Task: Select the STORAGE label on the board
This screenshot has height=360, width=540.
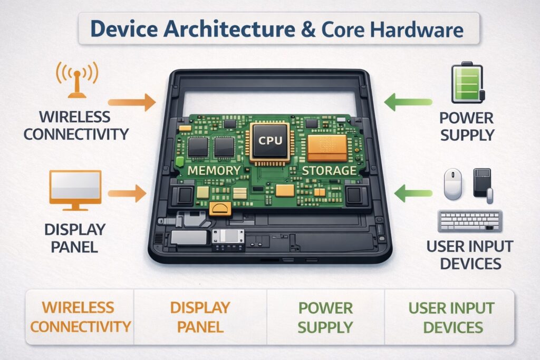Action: (x=330, y=171)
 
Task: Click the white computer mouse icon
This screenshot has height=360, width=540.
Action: (x=453, y=184)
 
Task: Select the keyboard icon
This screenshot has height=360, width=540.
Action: (x=469, y=221)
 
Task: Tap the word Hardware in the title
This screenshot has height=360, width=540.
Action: (x=416, y=30)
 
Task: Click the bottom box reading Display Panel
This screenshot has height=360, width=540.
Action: (x=200, y=317)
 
